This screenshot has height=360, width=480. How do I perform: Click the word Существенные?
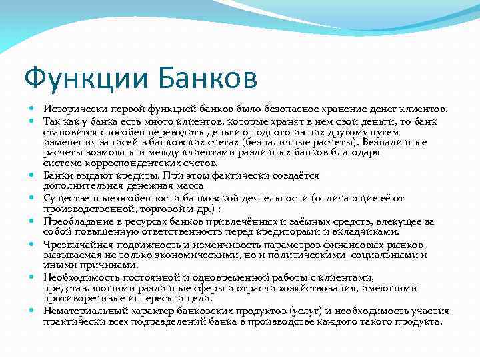coord(75,198)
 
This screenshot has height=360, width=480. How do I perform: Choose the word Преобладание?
coord(75,221)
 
